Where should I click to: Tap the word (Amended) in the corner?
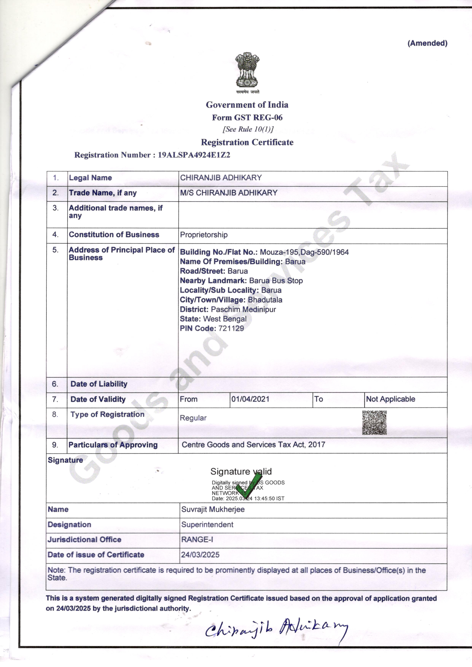(427, 43)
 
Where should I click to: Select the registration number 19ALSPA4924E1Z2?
(194, 155)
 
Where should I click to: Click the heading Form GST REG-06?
(247, 118)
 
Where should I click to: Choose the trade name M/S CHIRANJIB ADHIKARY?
(229, 193)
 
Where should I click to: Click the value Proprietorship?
(204, 235)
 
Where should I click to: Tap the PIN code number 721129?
(231, 329)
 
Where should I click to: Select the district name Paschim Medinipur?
(243, 309)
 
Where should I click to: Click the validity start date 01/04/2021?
(250, 399)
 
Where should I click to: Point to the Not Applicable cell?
(390, 399)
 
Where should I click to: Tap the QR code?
(374, 423)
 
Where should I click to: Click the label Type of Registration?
(107, 415)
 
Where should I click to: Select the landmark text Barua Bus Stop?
(276, 281)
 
